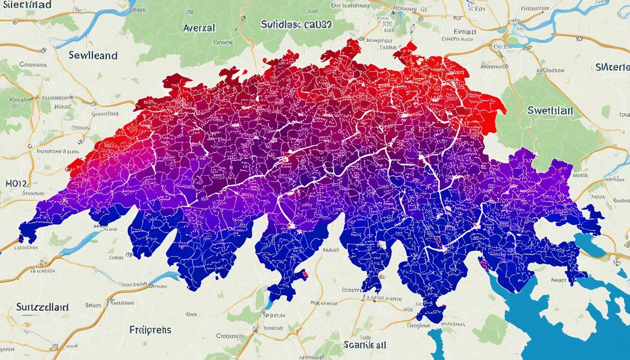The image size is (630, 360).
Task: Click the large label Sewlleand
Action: (x=93, y=55)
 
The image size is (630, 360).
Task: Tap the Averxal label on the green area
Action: (x=199, y=28)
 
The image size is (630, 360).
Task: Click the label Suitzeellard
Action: (x=42, y=307)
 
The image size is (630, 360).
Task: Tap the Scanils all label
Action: (x=365, y=345)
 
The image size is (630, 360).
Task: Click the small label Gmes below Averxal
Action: (x=223, y=42)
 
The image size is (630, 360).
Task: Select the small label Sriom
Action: (x=93, y=305)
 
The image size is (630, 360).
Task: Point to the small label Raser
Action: (x=559, y=280)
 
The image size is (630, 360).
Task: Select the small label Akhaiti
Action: (x=330, y=250)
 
